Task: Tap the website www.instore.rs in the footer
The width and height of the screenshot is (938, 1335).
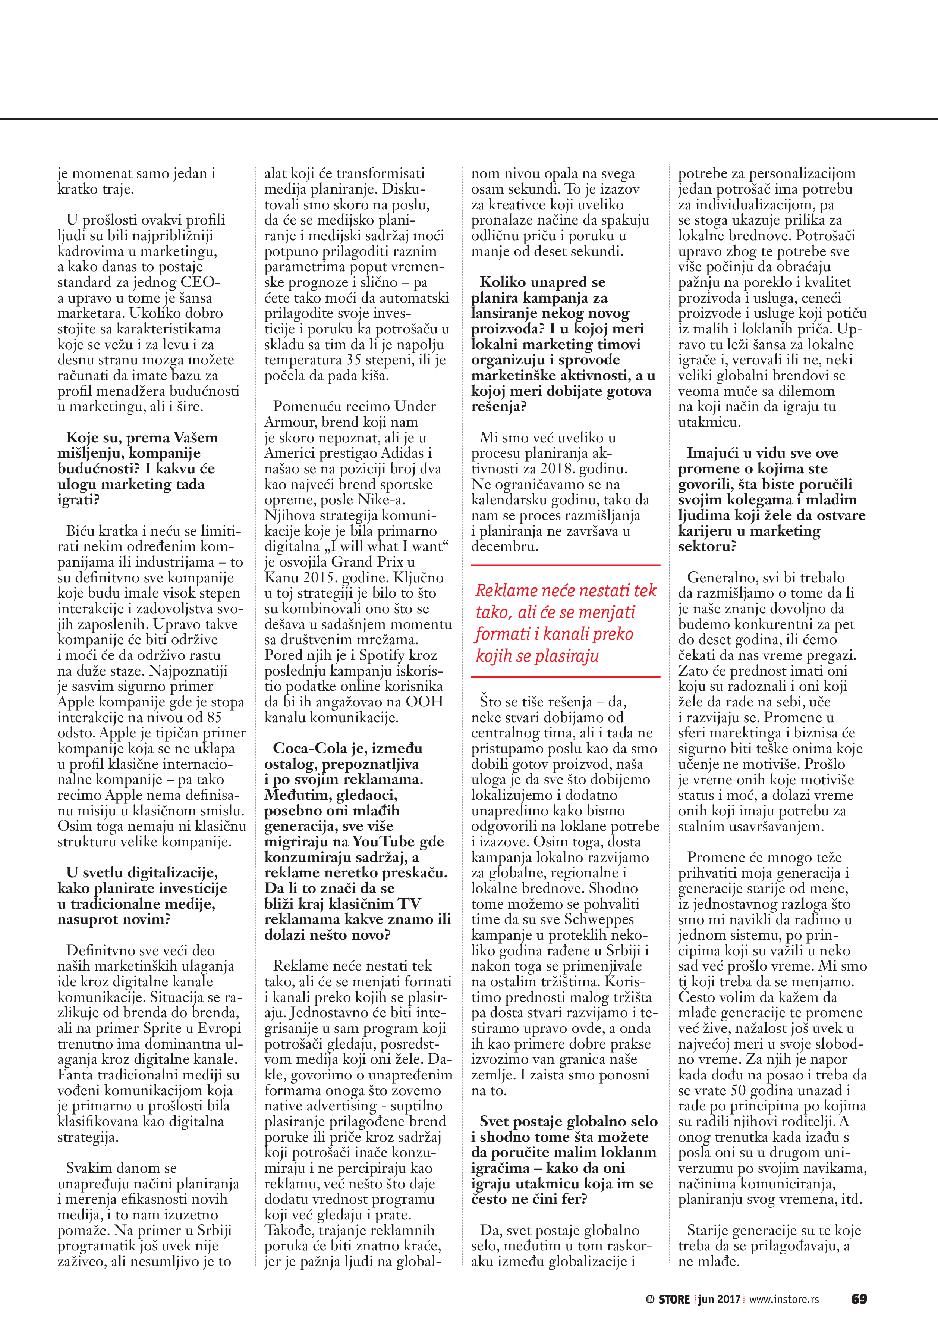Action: (784, 1299)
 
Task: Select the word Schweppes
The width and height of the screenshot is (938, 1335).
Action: (599, 919)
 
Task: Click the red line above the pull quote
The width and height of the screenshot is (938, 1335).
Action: (566, 565)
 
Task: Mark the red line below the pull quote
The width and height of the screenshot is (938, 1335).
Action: (566, 677)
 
